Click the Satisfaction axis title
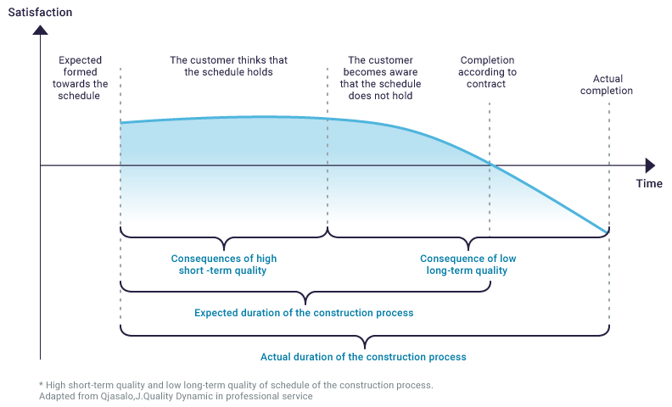coord(40,12)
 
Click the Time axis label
coord(649,183)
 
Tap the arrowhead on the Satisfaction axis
coord(40,30)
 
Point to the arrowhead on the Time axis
coord(650,165)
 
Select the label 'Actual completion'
coord(607,85)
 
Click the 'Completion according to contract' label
coord(487,72)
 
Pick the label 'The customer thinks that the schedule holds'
coord(228,66)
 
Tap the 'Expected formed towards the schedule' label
coord(80,78)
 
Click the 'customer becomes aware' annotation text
coord(381,78)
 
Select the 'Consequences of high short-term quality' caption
coord(224,265)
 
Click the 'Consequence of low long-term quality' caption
coord(468,265)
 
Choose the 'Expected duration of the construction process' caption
coord(304,313)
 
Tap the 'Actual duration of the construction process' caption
coord(363,357)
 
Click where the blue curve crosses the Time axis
coord(490,165)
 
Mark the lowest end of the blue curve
coord(608,232)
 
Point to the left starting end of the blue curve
coord(121,123)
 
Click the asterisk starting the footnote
coord(41,384)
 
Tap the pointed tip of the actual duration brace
coord(365,348)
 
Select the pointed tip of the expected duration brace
coord(305,304)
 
